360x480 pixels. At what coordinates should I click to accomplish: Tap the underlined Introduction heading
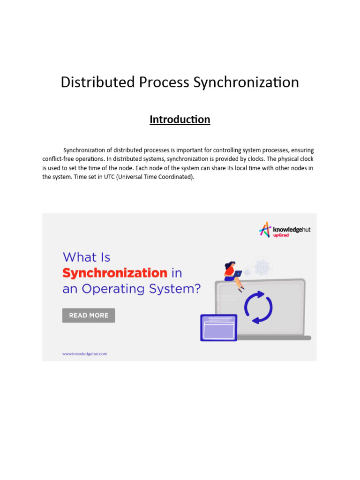click(x=180, y=120)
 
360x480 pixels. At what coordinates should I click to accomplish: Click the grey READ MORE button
click(x=89, y=315)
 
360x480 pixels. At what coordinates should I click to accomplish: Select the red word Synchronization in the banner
click(x=115, y=273)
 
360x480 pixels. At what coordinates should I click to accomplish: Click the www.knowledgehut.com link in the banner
click(x=85, y=354)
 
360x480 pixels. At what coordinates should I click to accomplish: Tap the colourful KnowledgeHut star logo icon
click(x=265, y=229)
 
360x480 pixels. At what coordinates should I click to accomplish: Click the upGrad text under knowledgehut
click(x=281, y=235)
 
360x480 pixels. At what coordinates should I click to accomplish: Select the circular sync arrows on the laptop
click(x=258, y=307)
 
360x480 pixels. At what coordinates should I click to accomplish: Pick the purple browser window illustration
click(x=218, y=328)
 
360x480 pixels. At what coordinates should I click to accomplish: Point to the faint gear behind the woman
click(x=261, y=267)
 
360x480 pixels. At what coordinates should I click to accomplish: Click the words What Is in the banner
click(x=86, y=257)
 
